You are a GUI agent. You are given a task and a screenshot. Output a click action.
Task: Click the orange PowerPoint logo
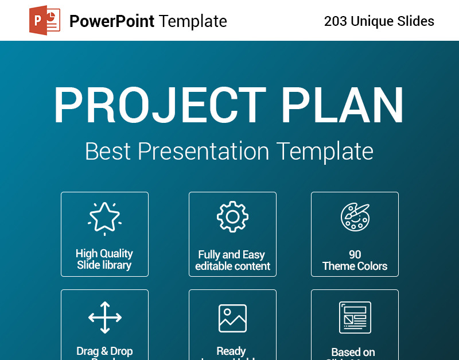[45, 21]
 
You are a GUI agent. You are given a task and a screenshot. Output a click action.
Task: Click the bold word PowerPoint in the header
[112, 21]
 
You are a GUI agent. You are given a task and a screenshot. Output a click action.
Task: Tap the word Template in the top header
[193, 21]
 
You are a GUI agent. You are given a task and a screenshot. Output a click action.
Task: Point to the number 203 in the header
[335, 22]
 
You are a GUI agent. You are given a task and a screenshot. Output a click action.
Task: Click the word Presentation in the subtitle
[204, 152]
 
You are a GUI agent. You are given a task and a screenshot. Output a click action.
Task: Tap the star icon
[104, 218]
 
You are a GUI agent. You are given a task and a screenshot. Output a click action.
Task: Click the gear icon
[232, 216]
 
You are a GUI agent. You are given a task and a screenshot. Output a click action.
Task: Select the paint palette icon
[355, 216]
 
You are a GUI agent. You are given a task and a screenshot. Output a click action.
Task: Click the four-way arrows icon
[104, 317]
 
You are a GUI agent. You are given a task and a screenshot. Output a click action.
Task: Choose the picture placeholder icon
[232, 318]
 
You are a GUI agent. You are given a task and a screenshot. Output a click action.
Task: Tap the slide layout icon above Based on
[355, 317]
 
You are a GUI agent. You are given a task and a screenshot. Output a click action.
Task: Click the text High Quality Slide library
[104, 260]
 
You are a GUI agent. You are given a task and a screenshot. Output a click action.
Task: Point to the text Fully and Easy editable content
[232, 261]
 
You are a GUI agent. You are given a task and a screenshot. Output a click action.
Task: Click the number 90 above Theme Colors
[355, 255]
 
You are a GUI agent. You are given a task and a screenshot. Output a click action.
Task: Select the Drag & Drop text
[104, 351]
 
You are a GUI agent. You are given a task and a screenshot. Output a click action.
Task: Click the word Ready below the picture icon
[231, 351]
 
